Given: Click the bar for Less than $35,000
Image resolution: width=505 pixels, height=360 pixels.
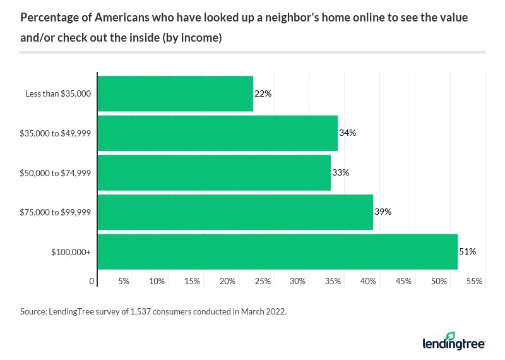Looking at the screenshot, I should (175, 93).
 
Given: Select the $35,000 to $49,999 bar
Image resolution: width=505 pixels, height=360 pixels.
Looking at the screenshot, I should (217, 133).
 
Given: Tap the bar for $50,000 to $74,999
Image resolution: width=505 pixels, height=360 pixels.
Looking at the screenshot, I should (214, 172).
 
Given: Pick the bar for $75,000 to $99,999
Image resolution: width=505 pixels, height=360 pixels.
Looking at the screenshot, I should (235, 212).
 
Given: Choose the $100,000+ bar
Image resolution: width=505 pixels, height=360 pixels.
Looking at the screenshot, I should (277, 251).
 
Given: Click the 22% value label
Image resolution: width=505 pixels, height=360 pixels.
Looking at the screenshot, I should (263, 93).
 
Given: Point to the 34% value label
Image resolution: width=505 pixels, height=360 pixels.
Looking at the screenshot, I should (348, 133).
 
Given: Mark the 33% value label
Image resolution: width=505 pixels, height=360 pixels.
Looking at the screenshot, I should (341, 172).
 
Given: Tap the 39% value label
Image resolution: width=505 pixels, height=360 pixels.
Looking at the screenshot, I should (383, 212).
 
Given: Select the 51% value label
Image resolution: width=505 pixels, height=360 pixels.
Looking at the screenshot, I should (467, 251).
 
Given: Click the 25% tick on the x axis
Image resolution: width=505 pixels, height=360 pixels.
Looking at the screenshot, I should (263, 280).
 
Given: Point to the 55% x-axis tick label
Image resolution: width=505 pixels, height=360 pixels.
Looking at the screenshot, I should (474, 280).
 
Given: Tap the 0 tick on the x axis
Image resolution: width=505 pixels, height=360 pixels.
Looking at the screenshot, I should (92, 280).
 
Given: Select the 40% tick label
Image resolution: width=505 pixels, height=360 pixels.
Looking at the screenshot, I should (369, 280).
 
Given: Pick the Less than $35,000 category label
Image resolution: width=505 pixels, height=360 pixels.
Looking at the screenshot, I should (58, 94).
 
